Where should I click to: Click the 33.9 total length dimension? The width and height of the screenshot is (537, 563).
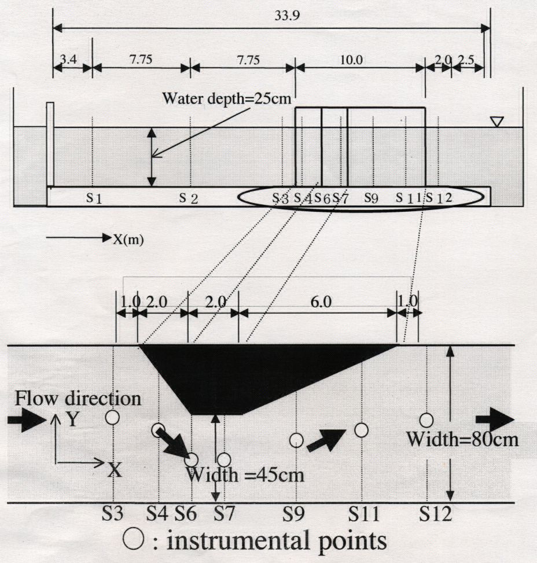coord(287,16)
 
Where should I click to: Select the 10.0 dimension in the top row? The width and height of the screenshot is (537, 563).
coord(351,60)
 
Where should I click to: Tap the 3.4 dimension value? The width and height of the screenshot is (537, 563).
coord(68,59)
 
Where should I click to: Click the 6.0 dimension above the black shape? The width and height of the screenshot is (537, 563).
coord(321,302)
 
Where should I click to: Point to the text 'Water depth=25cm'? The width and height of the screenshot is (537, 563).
coord(227,98)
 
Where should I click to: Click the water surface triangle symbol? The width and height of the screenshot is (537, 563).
coord(496,122)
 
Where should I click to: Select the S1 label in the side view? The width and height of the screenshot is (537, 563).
coord(94,197)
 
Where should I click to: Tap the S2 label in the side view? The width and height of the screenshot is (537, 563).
coord(189,197)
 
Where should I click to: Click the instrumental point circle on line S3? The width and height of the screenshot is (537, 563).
coord(112,418)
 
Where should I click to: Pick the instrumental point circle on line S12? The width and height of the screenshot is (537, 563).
coord(426,420)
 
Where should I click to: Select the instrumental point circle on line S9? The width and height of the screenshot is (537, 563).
coord(296,440)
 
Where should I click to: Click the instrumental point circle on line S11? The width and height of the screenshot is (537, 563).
coord(361,430)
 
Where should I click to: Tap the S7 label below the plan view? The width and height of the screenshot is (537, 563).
coord(224,514)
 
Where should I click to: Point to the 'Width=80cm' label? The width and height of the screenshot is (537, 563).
coord(462,439)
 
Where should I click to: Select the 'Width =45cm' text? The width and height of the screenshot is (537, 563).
coord(245,475)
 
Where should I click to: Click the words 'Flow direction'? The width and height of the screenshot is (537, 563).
coord(78,399)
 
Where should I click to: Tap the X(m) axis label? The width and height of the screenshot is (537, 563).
coord(128,239)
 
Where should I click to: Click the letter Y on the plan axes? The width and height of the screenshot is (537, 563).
coord(72,419)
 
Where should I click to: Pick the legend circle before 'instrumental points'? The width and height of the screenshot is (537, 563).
coord(133,540)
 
